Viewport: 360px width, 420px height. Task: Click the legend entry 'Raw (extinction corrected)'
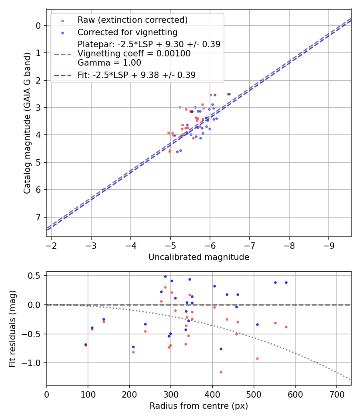click(132, 20)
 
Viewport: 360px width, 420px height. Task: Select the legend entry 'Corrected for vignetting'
click(127, 32)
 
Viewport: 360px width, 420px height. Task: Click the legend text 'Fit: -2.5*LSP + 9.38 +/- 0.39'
click(136, 75)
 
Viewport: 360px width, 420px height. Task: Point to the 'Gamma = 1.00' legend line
click(109, 62)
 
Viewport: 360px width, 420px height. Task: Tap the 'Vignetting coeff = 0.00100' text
click(134, 53)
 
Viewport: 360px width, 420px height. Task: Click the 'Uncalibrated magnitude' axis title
click(199, 257)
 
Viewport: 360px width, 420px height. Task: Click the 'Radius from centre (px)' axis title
click(199, 406)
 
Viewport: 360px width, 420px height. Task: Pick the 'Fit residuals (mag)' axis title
click(12, 328)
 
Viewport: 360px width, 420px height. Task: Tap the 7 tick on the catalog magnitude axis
click(38, 217)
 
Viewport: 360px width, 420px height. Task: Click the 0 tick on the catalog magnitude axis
click(38, 26)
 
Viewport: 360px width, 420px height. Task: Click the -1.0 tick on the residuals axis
click(34, 363)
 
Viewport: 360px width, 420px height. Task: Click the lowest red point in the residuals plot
click(221, 372)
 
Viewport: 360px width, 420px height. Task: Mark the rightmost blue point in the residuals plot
click(286, 282)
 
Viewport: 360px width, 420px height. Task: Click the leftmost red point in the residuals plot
click(86, 345)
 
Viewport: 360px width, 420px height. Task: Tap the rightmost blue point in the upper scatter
click(229, 94)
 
